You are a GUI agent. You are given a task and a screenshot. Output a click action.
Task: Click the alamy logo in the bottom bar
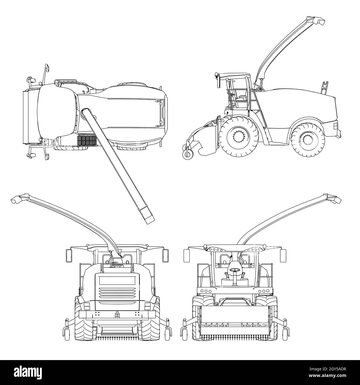[x=28, y=372]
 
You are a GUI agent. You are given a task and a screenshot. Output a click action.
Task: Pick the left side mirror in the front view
[x=186, y=256]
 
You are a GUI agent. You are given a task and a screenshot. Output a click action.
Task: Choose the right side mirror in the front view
[x=283, y=256]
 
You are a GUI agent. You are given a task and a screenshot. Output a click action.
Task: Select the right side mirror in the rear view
[x=165, y=256]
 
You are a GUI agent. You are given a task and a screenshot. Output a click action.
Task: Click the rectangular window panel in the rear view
[x=117, y=280]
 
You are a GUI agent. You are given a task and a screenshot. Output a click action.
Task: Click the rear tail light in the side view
[x=335, y=126]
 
